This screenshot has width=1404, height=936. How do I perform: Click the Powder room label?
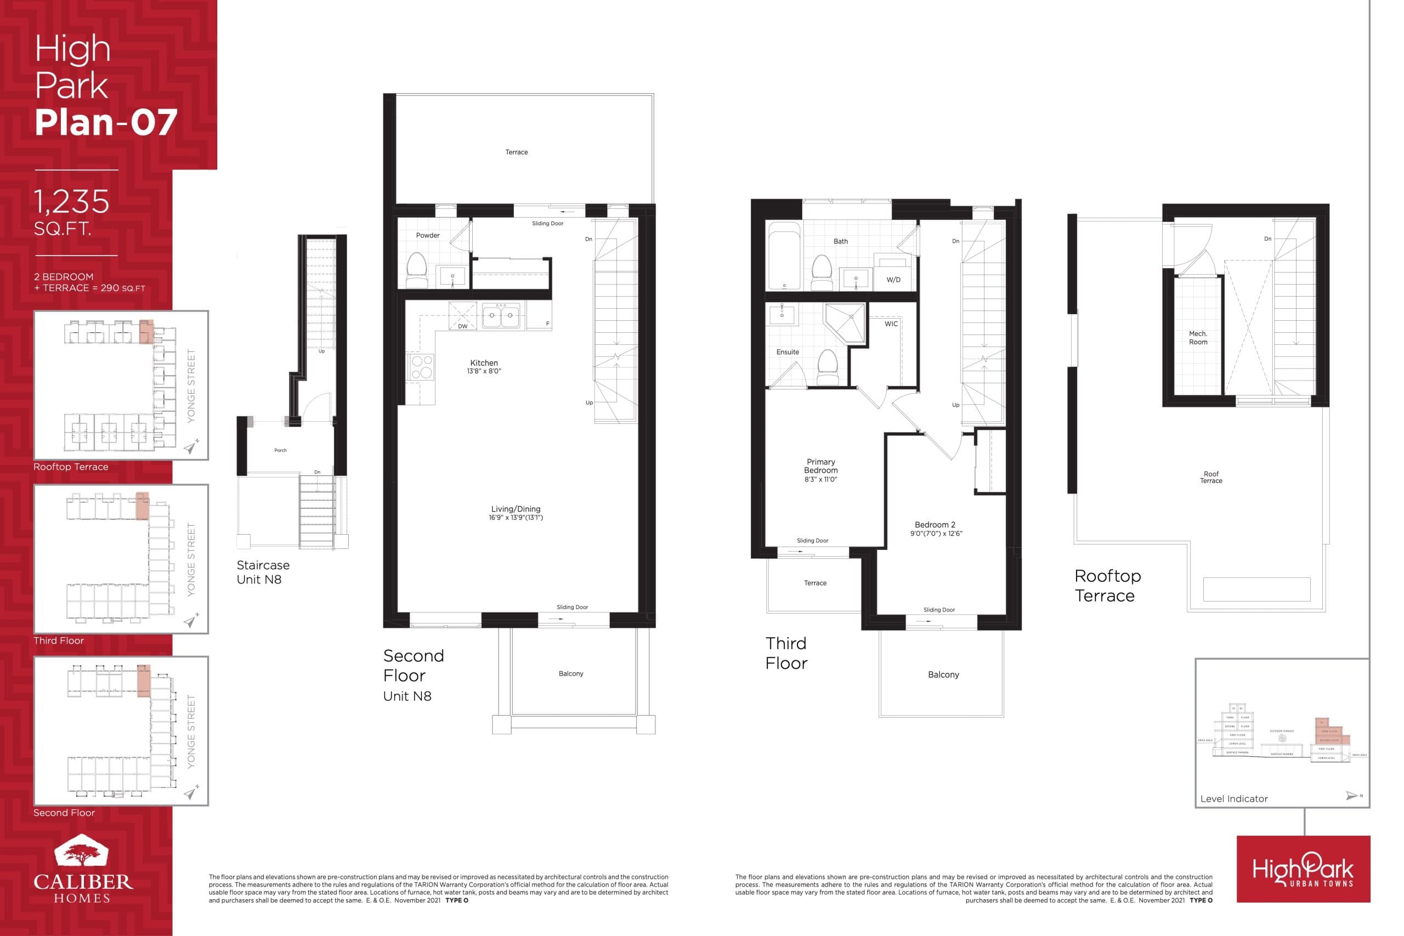tap(427, 235)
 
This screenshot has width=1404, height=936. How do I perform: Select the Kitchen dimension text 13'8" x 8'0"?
tap(484, 371)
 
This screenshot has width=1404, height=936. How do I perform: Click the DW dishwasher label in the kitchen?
tap(463, 326)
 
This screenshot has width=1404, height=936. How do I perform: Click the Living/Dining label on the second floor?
tap(516, 509)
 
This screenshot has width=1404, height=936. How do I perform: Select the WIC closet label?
tap(891, 324)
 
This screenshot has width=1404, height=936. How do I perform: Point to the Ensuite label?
tap(788, 352)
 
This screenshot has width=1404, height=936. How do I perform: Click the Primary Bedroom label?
tap(820, 466)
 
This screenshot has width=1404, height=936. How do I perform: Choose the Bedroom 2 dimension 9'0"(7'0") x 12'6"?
tap(936, 534)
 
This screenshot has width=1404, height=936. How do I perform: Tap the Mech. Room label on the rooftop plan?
tap(1197, 338)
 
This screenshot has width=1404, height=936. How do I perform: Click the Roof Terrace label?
tap(1210, 477)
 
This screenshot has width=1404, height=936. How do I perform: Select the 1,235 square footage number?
tap(72, 202)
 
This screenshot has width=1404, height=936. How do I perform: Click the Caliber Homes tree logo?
tap(81, 851)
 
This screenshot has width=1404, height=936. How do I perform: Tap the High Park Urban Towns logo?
tap(1303, 869)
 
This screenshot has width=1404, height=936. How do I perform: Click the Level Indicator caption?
tap(1233, 799)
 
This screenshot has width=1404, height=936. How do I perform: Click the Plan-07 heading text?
tap(106, 122)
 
